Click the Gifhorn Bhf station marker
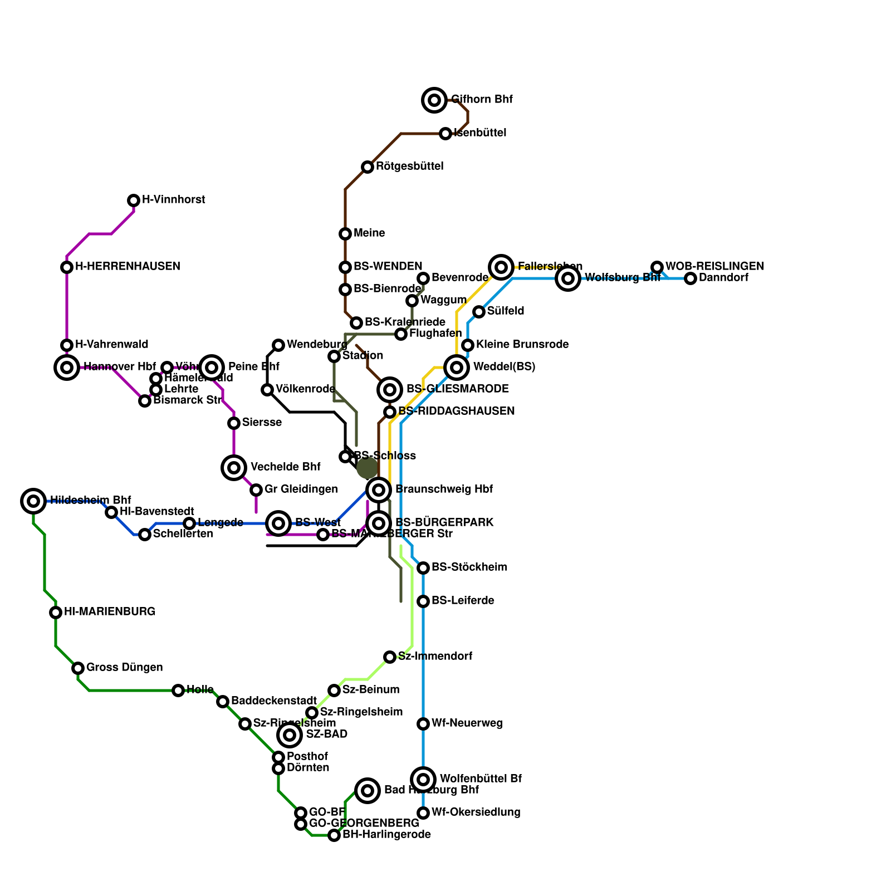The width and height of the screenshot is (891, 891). [x=434, y=100]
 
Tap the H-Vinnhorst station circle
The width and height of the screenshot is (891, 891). [x=134, y=200]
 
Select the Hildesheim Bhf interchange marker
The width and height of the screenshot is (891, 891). [x=33, y=501]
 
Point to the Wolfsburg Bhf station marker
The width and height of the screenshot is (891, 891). [x=568, y=278]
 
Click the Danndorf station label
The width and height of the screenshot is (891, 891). [x=723, y=278]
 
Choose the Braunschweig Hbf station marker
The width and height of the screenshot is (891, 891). [x=379, y=490]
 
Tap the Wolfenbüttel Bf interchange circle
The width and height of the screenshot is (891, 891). [x=423, y=780]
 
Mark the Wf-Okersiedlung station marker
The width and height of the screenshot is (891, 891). [x=423, y=813]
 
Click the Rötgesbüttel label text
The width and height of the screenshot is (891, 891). [x=409, y=167]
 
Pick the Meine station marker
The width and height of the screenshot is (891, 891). [x=345, y=234]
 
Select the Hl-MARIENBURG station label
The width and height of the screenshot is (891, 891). [x=110, y=612]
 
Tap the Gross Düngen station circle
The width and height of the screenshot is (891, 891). [x=78, y=668]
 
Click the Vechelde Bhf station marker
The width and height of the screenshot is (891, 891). [x=234, y=468]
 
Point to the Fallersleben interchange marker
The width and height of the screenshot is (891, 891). [x=501, y=267]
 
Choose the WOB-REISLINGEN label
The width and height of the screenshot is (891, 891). [x=714, y=267]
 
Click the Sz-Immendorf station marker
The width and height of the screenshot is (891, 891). [x=390, y=657]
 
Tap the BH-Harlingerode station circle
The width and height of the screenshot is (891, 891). [x=334, y=835]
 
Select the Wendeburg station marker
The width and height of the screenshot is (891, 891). [x=278, y=345]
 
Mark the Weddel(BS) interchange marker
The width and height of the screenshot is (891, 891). [x=457, y=368]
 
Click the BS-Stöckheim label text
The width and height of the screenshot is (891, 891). [x=469, y=567]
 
